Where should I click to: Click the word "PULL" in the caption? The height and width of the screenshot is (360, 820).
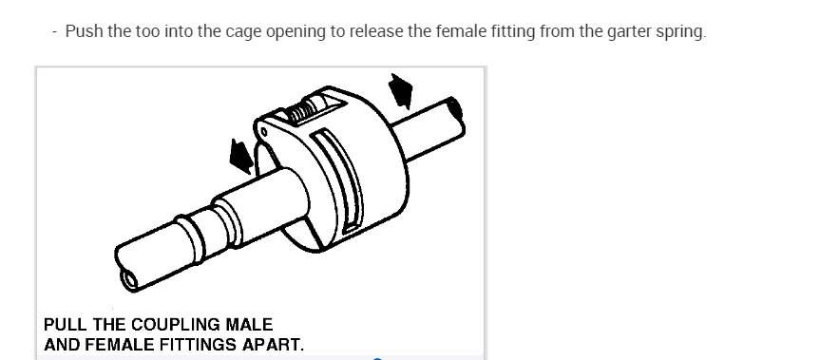tap(65, 324)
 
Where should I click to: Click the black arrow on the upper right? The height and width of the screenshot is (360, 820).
tap(402, 92)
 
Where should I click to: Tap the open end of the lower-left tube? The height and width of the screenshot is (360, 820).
tap(127, 276)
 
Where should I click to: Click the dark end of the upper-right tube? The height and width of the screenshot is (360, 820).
tap(458, 108)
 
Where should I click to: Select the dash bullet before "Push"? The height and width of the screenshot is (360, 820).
tap(56, 31)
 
